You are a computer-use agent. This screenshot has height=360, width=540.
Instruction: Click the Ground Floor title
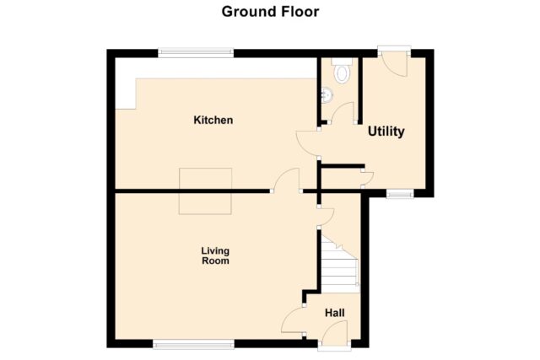pyautogui.click(x=270, y=12)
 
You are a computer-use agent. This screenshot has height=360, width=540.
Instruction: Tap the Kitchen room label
pyautogui.click(x=213, y=120)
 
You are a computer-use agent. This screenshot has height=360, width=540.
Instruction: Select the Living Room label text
pyautogui.click(x=215, y=255)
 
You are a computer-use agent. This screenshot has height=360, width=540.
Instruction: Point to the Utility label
pyautogui.click(x=386, y=132)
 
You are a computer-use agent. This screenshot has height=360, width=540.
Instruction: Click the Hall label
pyautogui.click(x=335, y=313)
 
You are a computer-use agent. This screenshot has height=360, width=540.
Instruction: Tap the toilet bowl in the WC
pyautogui.click(x=342, y=73)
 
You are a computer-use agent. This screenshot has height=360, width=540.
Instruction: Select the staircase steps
pyautogui.click(x=340, y=264)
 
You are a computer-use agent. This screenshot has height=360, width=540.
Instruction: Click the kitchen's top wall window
pyautogui.click(x=196, y=52)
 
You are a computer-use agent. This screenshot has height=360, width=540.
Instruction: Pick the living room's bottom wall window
pyautogui.click(x=193, y=344)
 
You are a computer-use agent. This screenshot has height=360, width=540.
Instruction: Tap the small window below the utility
pyautogui.click(x=399, y=195)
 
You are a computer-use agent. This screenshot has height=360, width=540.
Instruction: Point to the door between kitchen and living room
pyautogui.click(x=287, y=179)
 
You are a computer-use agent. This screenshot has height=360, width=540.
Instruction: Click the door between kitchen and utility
pyautogui.click(x=307, y=143)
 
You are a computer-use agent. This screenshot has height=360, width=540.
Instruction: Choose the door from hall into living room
pyautogui.click(x=293, y=320)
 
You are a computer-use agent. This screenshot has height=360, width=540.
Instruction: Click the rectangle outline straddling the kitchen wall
pyautogui.click(x=205, y=191)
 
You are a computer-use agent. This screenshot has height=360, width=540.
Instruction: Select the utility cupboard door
pyautogui.click(x=368, y=177)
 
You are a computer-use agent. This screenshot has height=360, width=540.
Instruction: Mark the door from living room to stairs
pyautogui.click(x=327, y=217)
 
